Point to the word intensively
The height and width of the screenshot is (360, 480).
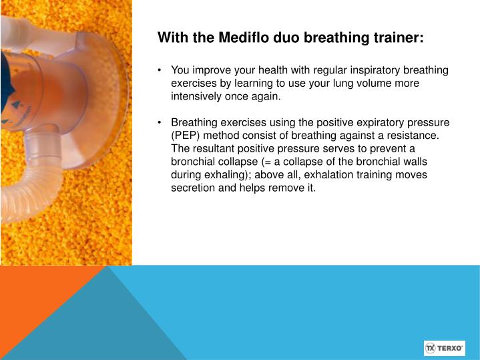tap(198, 96)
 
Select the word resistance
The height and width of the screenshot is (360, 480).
tap(411, 136)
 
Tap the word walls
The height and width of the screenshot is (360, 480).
tap(413, 162)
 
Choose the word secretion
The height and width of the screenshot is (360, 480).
tap(194, 188)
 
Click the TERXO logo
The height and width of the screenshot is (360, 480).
tap(444, 348)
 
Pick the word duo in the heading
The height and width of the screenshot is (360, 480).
tap(284, 38)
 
